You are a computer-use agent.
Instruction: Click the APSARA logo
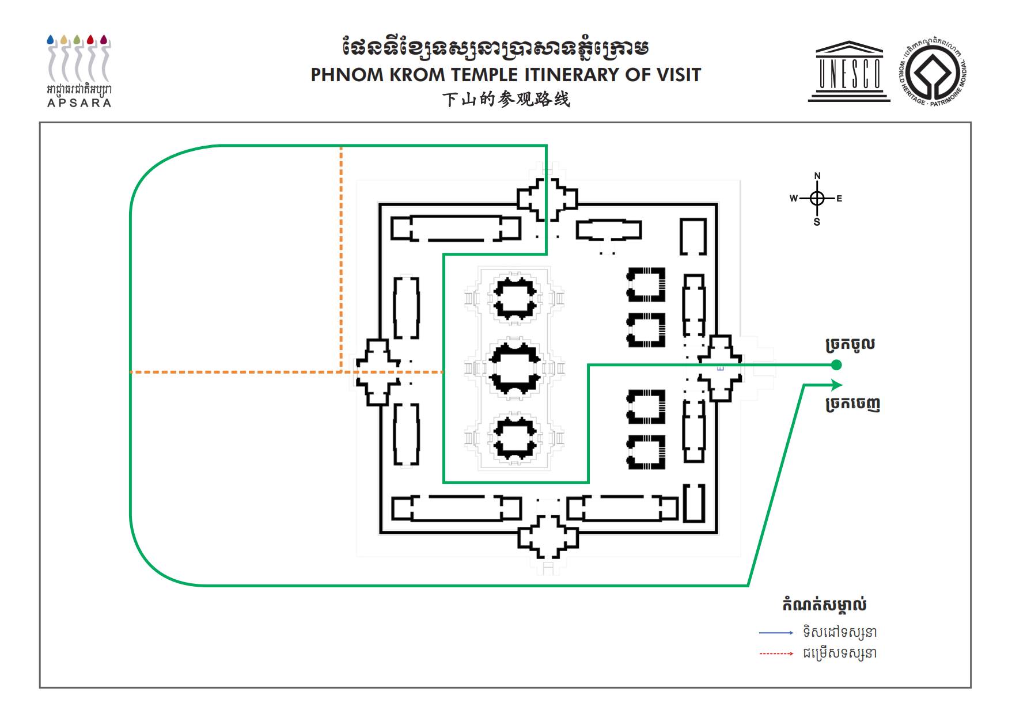(79, 71)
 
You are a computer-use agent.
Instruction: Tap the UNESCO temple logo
(848, 72)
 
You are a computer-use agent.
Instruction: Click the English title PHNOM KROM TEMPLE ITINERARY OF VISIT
(506, 75)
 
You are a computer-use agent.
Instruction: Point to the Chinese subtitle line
(506, 100)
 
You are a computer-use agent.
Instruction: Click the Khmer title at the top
(495, 48)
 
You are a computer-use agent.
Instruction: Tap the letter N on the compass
(817, 176)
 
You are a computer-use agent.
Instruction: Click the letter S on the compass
(817, 222)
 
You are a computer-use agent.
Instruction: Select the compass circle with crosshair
(817, 199)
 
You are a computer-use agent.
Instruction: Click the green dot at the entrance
(836, 365)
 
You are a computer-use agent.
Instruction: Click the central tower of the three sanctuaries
(514, 368)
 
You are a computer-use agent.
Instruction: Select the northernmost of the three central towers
(514, 298)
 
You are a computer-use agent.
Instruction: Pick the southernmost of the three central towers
(515, 438)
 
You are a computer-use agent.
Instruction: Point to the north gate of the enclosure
(547, 199)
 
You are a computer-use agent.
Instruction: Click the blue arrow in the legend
(776, 633)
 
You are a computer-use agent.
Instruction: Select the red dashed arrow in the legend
(776, 654)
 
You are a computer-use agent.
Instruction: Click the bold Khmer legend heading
(824, 605)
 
